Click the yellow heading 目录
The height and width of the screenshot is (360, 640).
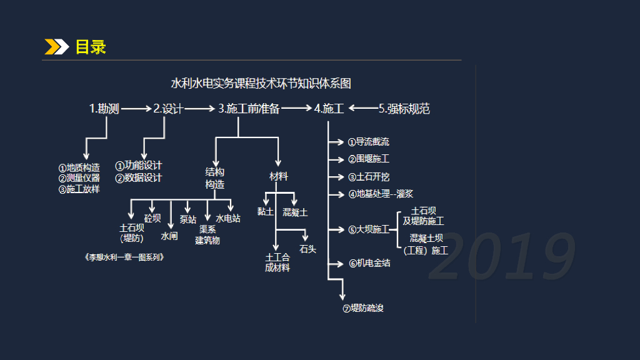(x=91, y=47)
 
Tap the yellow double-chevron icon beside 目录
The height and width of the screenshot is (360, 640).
(x=56, y=47)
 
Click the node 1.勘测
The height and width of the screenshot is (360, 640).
(x=104, y=109)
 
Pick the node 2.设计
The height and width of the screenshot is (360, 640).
(x=168, y=109)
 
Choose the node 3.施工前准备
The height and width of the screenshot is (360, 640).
(x=249, y=109)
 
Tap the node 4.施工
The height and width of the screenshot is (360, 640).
(x=329, y=109)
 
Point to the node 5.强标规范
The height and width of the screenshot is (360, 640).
(x=404, y=109)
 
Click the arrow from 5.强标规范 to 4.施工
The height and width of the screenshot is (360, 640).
(x=362, y=109)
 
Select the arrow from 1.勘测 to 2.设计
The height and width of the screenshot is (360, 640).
(x=136, y=109)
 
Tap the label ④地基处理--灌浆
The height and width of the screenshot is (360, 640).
(x=381, y=194)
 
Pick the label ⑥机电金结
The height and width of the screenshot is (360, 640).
(x=369, y=264)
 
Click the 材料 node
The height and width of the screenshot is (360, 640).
(x=279, y=177)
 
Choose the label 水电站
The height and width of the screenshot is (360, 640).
(x=228, y=219)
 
